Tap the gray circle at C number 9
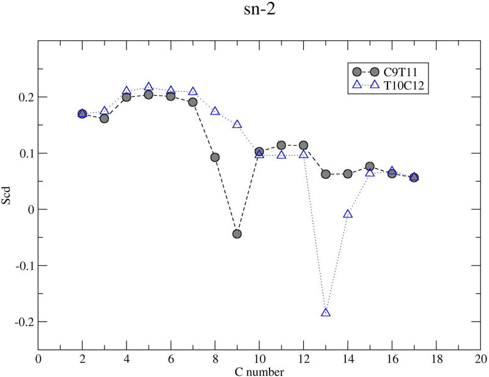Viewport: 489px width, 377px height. pyautogui.click(x=237, y=234)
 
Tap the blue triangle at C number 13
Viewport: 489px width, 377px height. pyautogui.click(x=326, y=313)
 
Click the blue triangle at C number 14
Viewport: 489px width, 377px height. pyautogui.click(x=348, y=214)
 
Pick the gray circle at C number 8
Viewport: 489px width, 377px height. pyautogui.click(x=215, y=157)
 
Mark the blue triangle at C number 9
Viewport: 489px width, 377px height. pyautogui.click(x=237, y=124)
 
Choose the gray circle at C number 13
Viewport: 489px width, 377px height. pyautogui.click(x=326, y=174)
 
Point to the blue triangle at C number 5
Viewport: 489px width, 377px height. pyautogui.click(x=149, y=87)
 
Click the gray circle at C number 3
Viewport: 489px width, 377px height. pyautogui.click(x=105, y=118)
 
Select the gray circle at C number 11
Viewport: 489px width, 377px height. pyautogui.click(x=281, y=145)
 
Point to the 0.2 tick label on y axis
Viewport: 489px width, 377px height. pyautogui.click(x=25, y=97)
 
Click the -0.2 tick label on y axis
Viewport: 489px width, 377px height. pyautogui.click(x=23, y=321)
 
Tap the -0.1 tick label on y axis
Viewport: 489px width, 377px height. pyautogui.click(x=23, y=265)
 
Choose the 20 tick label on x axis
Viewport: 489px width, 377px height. pyautogui.click(x=480, y=359)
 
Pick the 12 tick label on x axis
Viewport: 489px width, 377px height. pyautogui.click(x=303, y=359)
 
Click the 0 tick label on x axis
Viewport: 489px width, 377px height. pyautogui.click(x=39, y=359)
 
